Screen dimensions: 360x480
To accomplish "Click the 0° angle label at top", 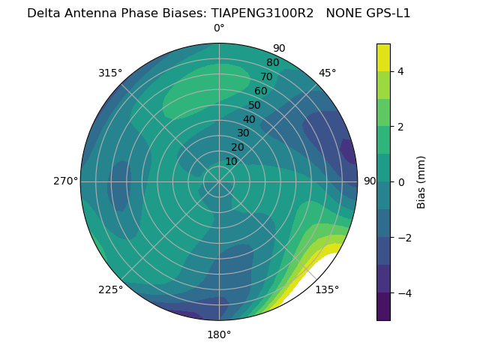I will point(219,28).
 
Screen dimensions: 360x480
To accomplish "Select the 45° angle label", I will point(327,73).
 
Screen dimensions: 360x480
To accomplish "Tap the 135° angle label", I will point(327,289).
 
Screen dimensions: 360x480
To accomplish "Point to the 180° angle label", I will point(219,334).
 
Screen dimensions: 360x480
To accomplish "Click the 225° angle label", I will point(110,289).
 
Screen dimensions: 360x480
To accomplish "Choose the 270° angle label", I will point(66,181).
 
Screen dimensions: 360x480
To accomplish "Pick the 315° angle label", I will point(110,73).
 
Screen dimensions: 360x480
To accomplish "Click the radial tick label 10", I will point(231,161).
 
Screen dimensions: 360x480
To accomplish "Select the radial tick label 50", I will point(254,105).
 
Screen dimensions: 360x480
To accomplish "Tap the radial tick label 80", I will point(272,62).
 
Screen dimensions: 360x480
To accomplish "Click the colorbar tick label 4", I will point(401,71).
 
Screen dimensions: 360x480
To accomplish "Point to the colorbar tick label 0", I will point(401,182).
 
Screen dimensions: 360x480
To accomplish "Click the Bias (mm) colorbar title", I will point(421,182).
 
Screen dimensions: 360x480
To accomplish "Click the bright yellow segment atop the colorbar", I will point(383,57).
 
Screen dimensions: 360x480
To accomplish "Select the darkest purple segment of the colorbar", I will point(383,307).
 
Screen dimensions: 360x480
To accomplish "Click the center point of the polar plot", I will point(219,181).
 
